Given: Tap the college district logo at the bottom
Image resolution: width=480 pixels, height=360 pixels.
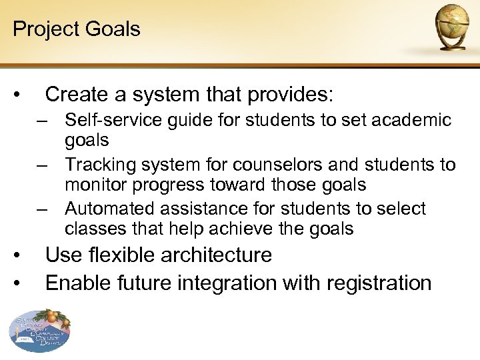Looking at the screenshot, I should point(39,331).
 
